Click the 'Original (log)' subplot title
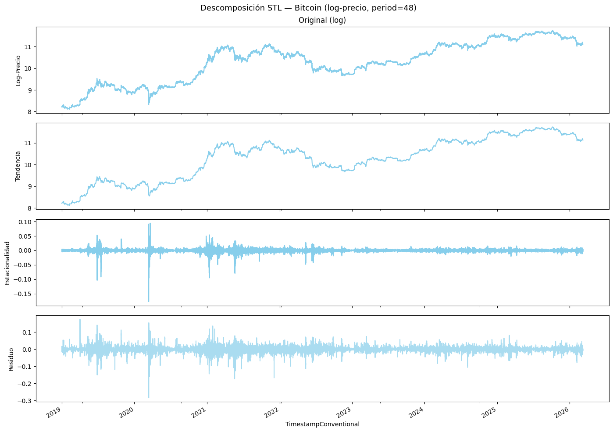(322, 20)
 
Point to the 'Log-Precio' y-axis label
(18, 70)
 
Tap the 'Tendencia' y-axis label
(18, 166)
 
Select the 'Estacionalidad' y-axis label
(7, 263)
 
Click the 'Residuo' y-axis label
(12, 359)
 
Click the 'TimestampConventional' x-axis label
(322, 424)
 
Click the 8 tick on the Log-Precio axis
(30, 112)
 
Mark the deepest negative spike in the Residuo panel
(149, 397)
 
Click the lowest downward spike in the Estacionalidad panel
(149, 301)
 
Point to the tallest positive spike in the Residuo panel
(80, 320)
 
